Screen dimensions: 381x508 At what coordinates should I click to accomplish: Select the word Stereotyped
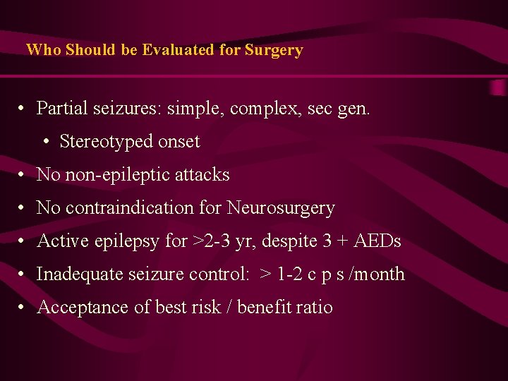tap(103, 142)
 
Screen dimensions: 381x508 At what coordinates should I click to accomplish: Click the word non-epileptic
tap(118, 175)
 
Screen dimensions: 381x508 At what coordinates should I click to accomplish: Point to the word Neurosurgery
tap(281, 208)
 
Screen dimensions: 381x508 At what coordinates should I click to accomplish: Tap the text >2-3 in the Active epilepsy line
tap(209, 241)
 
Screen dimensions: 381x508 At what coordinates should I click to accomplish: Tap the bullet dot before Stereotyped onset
tap(46, 143)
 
